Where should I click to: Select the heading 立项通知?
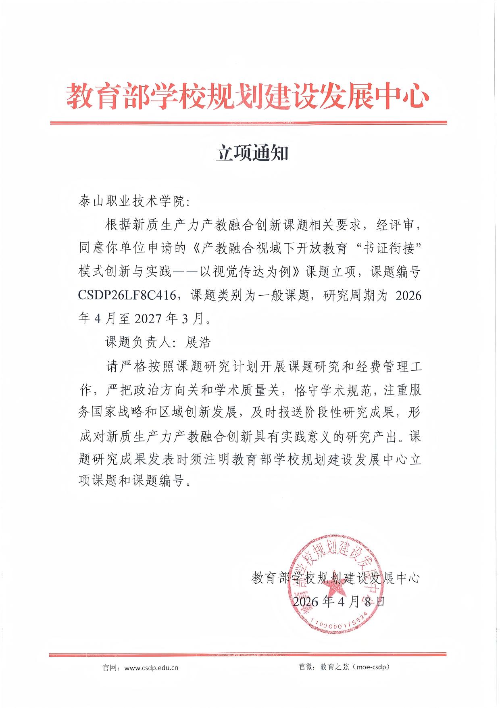click(x=252, y=153)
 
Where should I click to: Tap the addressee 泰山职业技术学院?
click(x=133, y=201)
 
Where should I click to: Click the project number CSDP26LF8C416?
click(x=127, y=296)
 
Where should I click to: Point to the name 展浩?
click(x=198, y=343)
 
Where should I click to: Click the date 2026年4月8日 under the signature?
click(x=339, y=601)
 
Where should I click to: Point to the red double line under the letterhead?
click(x=248, y=123)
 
